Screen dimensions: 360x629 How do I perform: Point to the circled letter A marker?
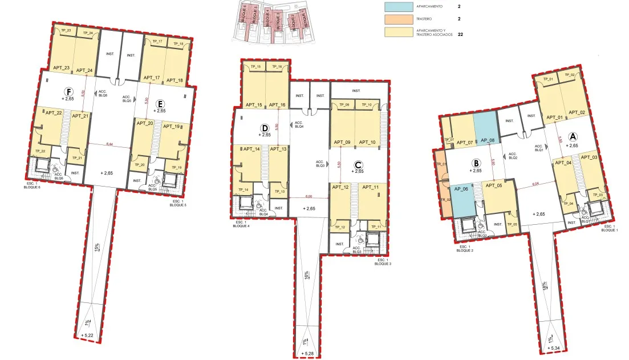(574, 136)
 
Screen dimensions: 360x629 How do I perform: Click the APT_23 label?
(61, 68)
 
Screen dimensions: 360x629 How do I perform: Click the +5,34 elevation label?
(553, 347)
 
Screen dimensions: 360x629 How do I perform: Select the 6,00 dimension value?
(308, 197)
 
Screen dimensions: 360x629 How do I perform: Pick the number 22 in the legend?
(460, 34)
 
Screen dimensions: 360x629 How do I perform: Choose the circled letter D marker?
(264, 128)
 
